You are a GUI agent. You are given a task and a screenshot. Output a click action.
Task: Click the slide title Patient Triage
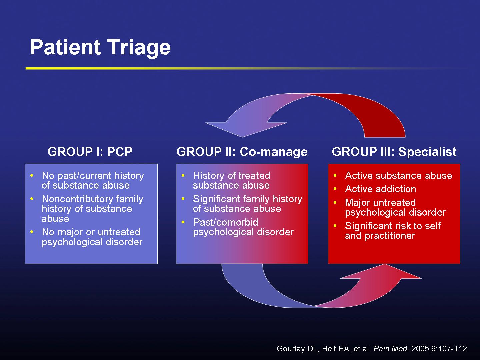(100, 47)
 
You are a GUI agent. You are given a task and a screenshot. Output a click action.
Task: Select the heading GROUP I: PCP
(90, 152)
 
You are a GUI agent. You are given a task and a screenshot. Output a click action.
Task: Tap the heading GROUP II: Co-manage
(242, 152)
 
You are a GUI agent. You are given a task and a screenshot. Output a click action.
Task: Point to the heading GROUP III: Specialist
(394, 152)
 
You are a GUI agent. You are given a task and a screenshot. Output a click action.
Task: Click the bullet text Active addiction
(380, 189)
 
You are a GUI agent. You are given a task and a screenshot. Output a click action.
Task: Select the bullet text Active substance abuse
(398, 176)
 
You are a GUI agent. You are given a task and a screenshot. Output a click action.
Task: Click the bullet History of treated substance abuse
(231, 180)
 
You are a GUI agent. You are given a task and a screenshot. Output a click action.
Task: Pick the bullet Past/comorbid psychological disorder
(243, 227)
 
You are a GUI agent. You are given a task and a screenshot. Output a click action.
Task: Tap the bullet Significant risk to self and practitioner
(392, 231)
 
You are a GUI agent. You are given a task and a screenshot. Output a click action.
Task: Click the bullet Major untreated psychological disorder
(395, 207)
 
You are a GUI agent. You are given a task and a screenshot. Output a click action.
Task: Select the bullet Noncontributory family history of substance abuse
(92, 209)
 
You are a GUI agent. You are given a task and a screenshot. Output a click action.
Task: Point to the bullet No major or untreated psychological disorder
(92, 237)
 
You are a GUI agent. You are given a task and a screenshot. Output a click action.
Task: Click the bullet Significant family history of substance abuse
(247, 204)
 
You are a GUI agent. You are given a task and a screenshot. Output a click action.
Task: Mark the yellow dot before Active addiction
(335, 189)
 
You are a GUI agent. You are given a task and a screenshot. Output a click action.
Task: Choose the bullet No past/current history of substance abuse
(92, 180)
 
